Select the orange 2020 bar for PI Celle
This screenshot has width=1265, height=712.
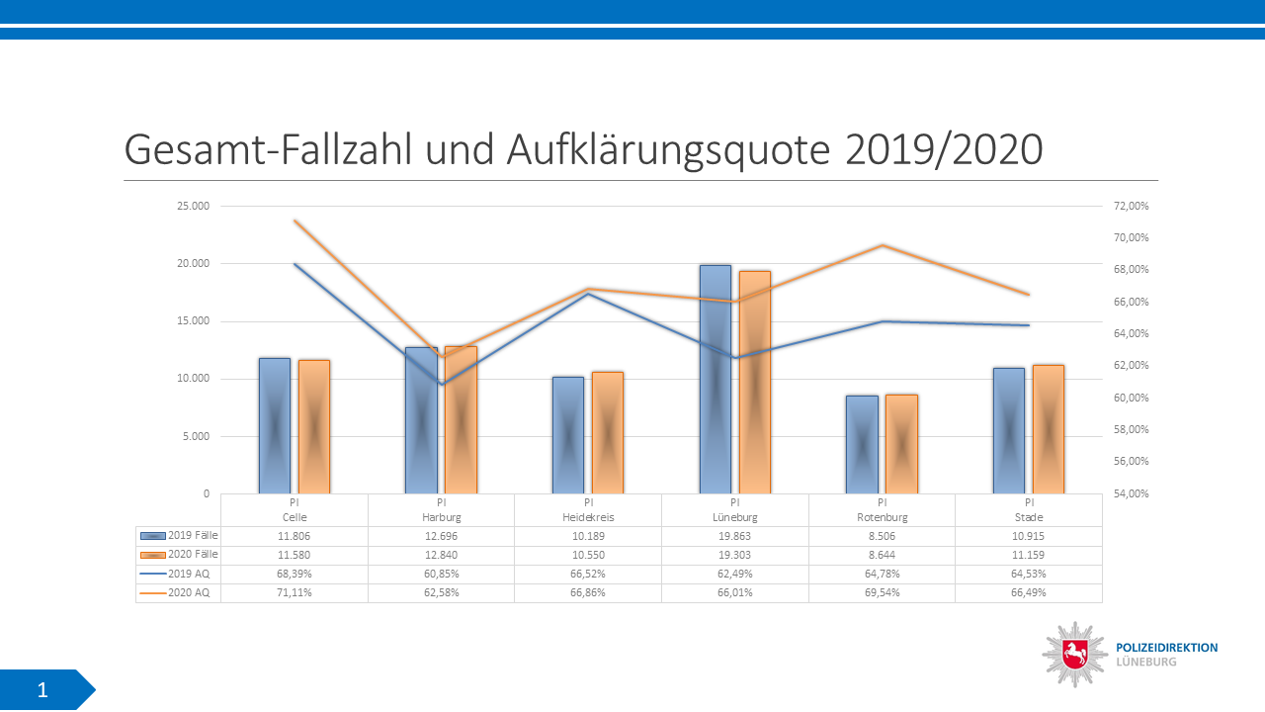coord(313,426)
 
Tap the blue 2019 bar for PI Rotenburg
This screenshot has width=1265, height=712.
coord(862,444)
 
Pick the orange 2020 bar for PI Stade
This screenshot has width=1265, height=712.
coord(1048,429)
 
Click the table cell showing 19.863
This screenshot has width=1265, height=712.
coord(734,536)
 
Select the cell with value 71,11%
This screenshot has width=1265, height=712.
coord(294,592)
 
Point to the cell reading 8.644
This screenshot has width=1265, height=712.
coord(882,555)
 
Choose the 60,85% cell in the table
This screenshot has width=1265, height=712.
coord(441,574)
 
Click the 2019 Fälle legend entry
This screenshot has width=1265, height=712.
coord(179,536)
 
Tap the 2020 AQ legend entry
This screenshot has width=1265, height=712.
coord(179,592)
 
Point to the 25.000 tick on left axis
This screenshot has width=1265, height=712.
coord(193,206)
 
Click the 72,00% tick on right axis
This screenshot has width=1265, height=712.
coord(1132,206)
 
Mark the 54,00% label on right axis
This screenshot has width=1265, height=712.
coord(1132,493)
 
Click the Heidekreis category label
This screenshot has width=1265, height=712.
coord(588,517)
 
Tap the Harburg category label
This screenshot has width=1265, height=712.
coord(441,517)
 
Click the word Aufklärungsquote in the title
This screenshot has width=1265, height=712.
coord(671,150)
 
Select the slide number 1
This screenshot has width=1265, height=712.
coord(42,690)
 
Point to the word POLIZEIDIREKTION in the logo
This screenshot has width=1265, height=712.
coord(1166,648)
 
